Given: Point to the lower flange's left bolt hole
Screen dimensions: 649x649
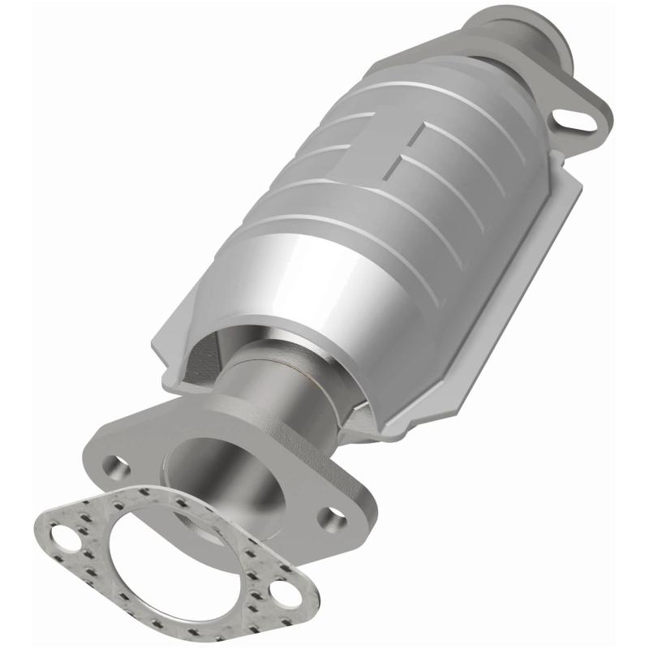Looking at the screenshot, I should pos(118,467).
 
